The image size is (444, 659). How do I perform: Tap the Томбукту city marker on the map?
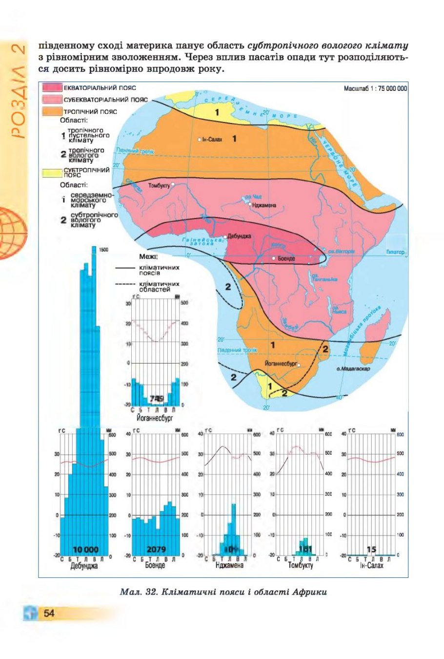[173, 185]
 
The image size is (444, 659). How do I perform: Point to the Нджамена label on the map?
[264, 205]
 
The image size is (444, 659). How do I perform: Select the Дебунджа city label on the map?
[239, 236]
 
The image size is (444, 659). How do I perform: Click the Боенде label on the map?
[286, 258]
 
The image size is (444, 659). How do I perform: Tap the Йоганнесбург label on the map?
[281, 364]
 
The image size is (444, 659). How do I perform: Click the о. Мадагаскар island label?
[353, 369]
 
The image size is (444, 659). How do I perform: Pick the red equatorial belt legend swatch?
[52, 88]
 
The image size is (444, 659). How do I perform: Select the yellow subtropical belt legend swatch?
[52, 172]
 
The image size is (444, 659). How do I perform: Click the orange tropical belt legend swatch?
[52, 111]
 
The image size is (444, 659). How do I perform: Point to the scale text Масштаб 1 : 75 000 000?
[375, 88]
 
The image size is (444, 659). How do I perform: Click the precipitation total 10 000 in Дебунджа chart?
[85, 550]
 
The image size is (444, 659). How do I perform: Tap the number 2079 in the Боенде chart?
[156, 550]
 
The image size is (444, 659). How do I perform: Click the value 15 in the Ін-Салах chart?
[371, 550]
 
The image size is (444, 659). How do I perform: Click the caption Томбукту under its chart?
[301, 565]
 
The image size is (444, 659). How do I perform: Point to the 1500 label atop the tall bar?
[103, 250]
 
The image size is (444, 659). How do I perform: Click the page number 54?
[49, 613]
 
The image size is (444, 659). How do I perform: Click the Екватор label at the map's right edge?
[395, 252]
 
